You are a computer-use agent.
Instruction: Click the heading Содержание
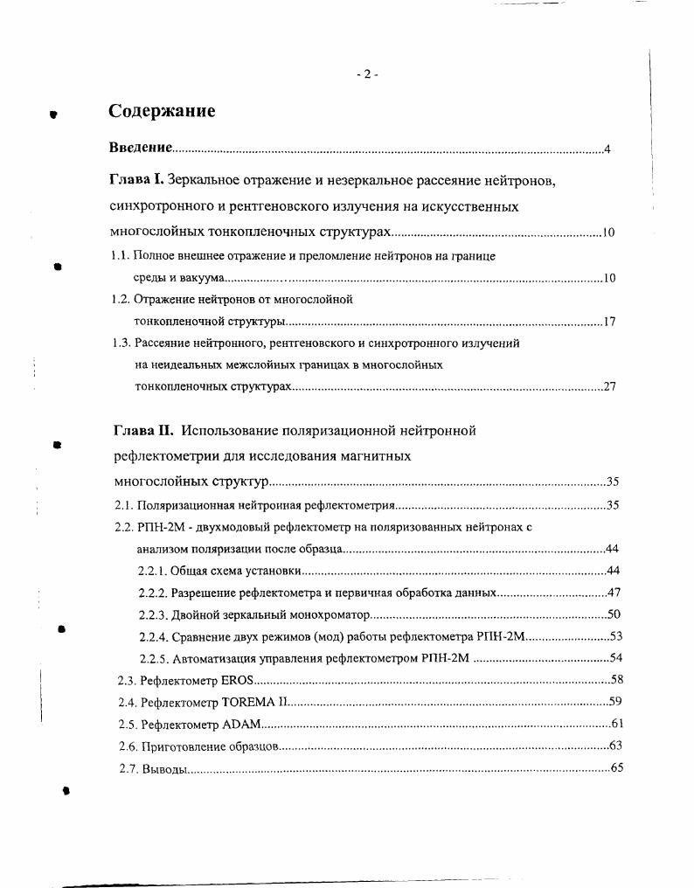coord(162,111)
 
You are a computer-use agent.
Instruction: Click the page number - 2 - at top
coord(367,75)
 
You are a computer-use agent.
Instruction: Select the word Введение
coord(140,149)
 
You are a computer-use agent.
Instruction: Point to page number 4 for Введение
coord(607,149)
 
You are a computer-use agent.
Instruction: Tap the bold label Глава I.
coord(136,181)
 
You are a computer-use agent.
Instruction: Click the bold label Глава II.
coord(143,430)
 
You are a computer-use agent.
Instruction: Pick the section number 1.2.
coord(121,299)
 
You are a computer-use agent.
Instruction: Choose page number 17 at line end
coord(609,322)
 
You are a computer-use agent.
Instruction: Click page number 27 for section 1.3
coord(610,387)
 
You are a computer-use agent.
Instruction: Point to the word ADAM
coord(241,724)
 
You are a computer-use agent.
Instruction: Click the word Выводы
coord(164,768)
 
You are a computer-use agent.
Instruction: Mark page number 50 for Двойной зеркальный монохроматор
coord(614,614)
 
